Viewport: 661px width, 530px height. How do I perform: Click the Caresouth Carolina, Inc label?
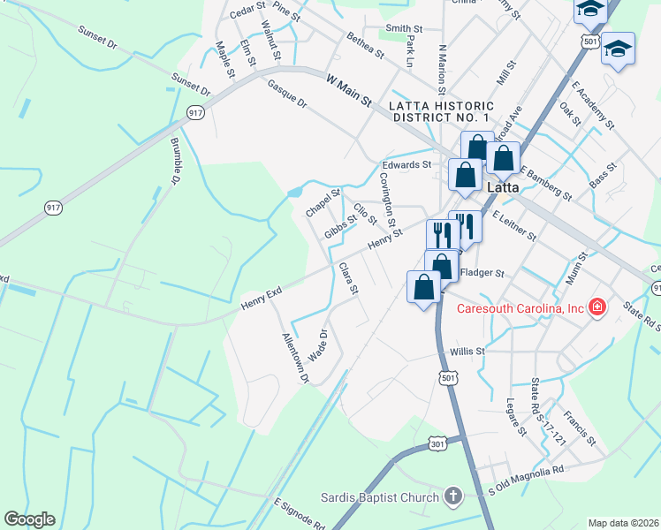(x=520, y=308)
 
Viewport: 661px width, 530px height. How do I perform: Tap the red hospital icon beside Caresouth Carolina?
(x=597, y=308)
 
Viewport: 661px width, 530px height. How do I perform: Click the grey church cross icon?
(x=453, y=497)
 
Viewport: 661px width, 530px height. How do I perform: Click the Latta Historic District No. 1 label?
(x=439, y=111)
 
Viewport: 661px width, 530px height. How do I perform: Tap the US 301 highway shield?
(x=435, y=443)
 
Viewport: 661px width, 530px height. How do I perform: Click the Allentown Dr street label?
(x=293, y=358)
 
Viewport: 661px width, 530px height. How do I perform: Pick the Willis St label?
(x=467, y=351)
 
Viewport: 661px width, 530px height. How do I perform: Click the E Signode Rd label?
(x=300, y=515)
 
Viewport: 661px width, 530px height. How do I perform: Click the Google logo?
(x=29, y=519)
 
